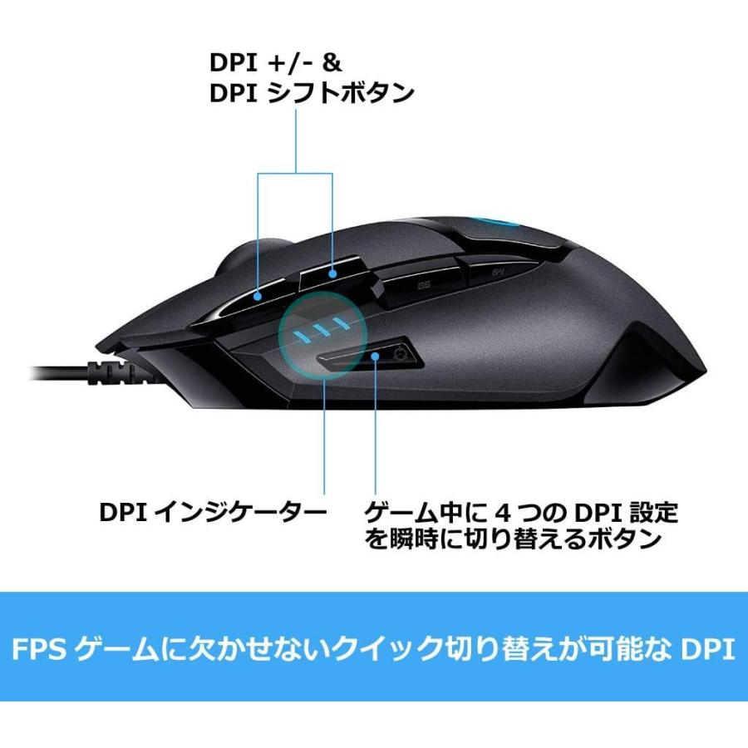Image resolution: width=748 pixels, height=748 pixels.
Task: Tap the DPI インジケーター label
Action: coord(213,512)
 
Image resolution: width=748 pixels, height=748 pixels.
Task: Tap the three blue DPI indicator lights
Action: coord(320,329)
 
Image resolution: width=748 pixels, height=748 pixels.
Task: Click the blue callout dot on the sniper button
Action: coord(376,356)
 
